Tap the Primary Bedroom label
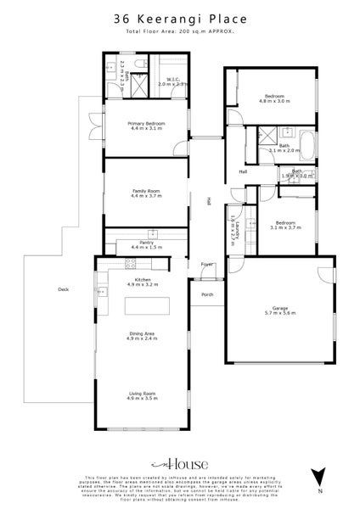point(146,125)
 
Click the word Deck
point(62,288)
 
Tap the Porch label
point(206,295)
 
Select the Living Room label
point(142,394)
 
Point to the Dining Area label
point(142,334)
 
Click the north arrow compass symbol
point(318,478)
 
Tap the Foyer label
point(205,265)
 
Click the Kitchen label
point(142,281)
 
